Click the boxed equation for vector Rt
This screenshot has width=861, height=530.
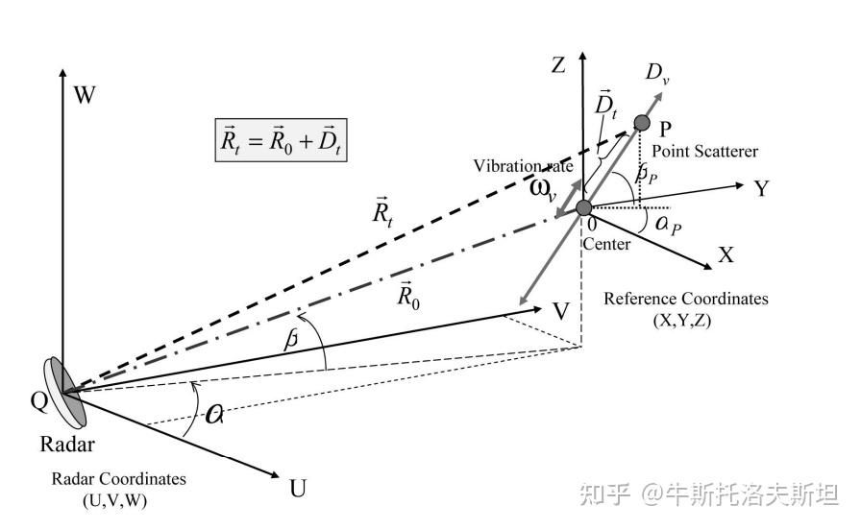coord(280,144)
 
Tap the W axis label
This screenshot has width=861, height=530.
coord(86,94)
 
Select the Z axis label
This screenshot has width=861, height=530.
coord(557,65)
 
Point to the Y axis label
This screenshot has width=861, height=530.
coord(762,188)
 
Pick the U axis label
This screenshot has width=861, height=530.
coord(299,488)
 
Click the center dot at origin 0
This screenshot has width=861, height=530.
coord(584,207)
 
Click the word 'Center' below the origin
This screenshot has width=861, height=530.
coord(607,244)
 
